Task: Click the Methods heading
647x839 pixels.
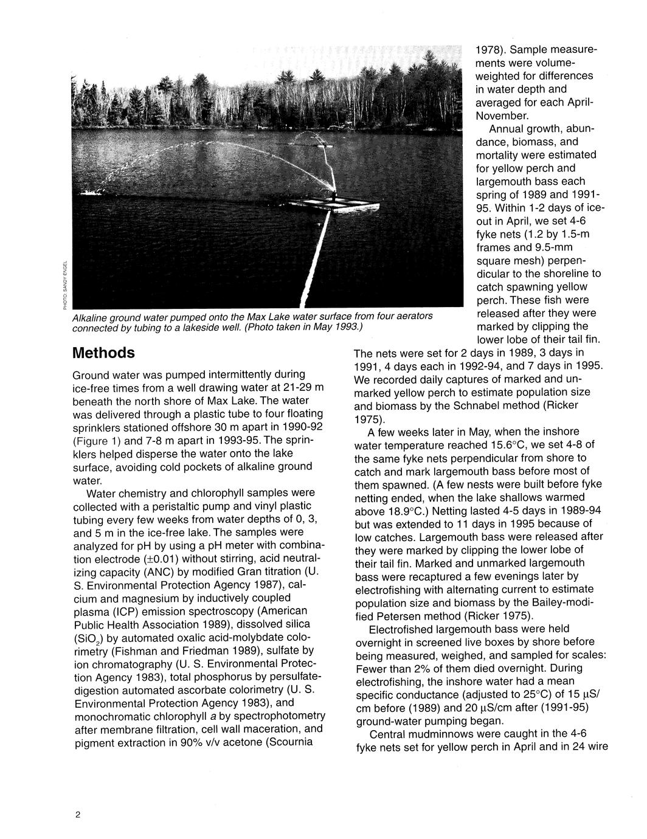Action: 103,353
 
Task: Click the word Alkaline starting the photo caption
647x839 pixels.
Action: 91,317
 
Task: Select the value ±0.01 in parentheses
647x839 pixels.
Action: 157,558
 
